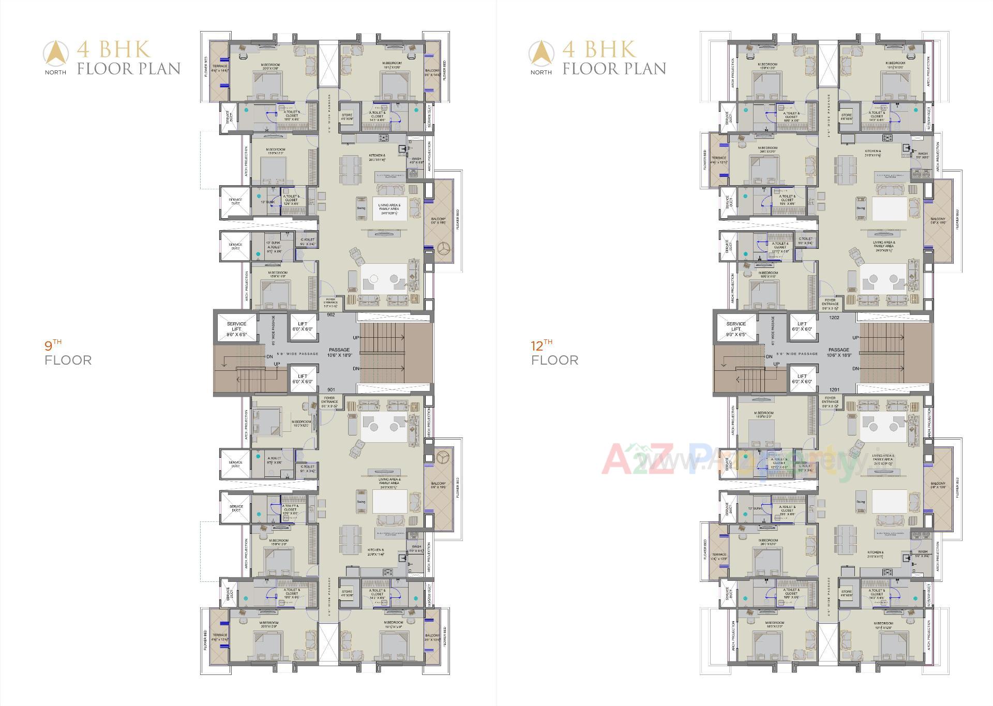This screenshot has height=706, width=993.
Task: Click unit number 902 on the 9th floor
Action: click(331, 314)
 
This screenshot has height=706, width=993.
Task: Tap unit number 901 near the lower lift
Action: click(331, 390)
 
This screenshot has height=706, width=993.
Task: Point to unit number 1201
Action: click(834, 390)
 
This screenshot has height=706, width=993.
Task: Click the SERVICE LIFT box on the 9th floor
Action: click(236, 329)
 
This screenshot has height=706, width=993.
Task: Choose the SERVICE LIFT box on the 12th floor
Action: click(735, 329)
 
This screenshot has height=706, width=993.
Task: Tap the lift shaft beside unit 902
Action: click(303, 327)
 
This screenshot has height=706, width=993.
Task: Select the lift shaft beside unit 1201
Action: click(802, 379)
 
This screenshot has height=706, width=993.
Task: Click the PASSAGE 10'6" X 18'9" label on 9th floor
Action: click(339, 353)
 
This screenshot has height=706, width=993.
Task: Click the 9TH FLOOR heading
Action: click(68, 354)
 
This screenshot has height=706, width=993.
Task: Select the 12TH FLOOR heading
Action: click(554, 354)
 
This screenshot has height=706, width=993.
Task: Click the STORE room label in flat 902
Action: click(347, 116)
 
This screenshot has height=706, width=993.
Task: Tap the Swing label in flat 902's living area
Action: click(361, 208)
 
